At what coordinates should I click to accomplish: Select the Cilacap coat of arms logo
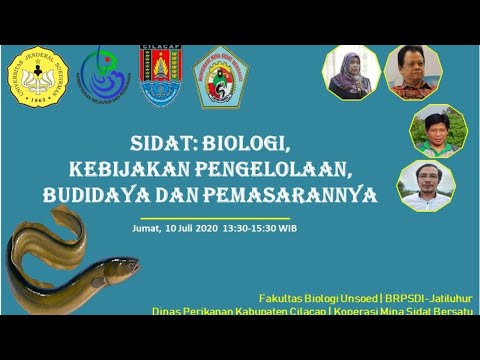(161, 76)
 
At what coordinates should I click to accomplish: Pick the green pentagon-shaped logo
(220, 77)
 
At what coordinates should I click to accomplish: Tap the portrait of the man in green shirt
(432, 130)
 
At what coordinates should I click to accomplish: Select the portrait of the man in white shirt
(426, 186)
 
